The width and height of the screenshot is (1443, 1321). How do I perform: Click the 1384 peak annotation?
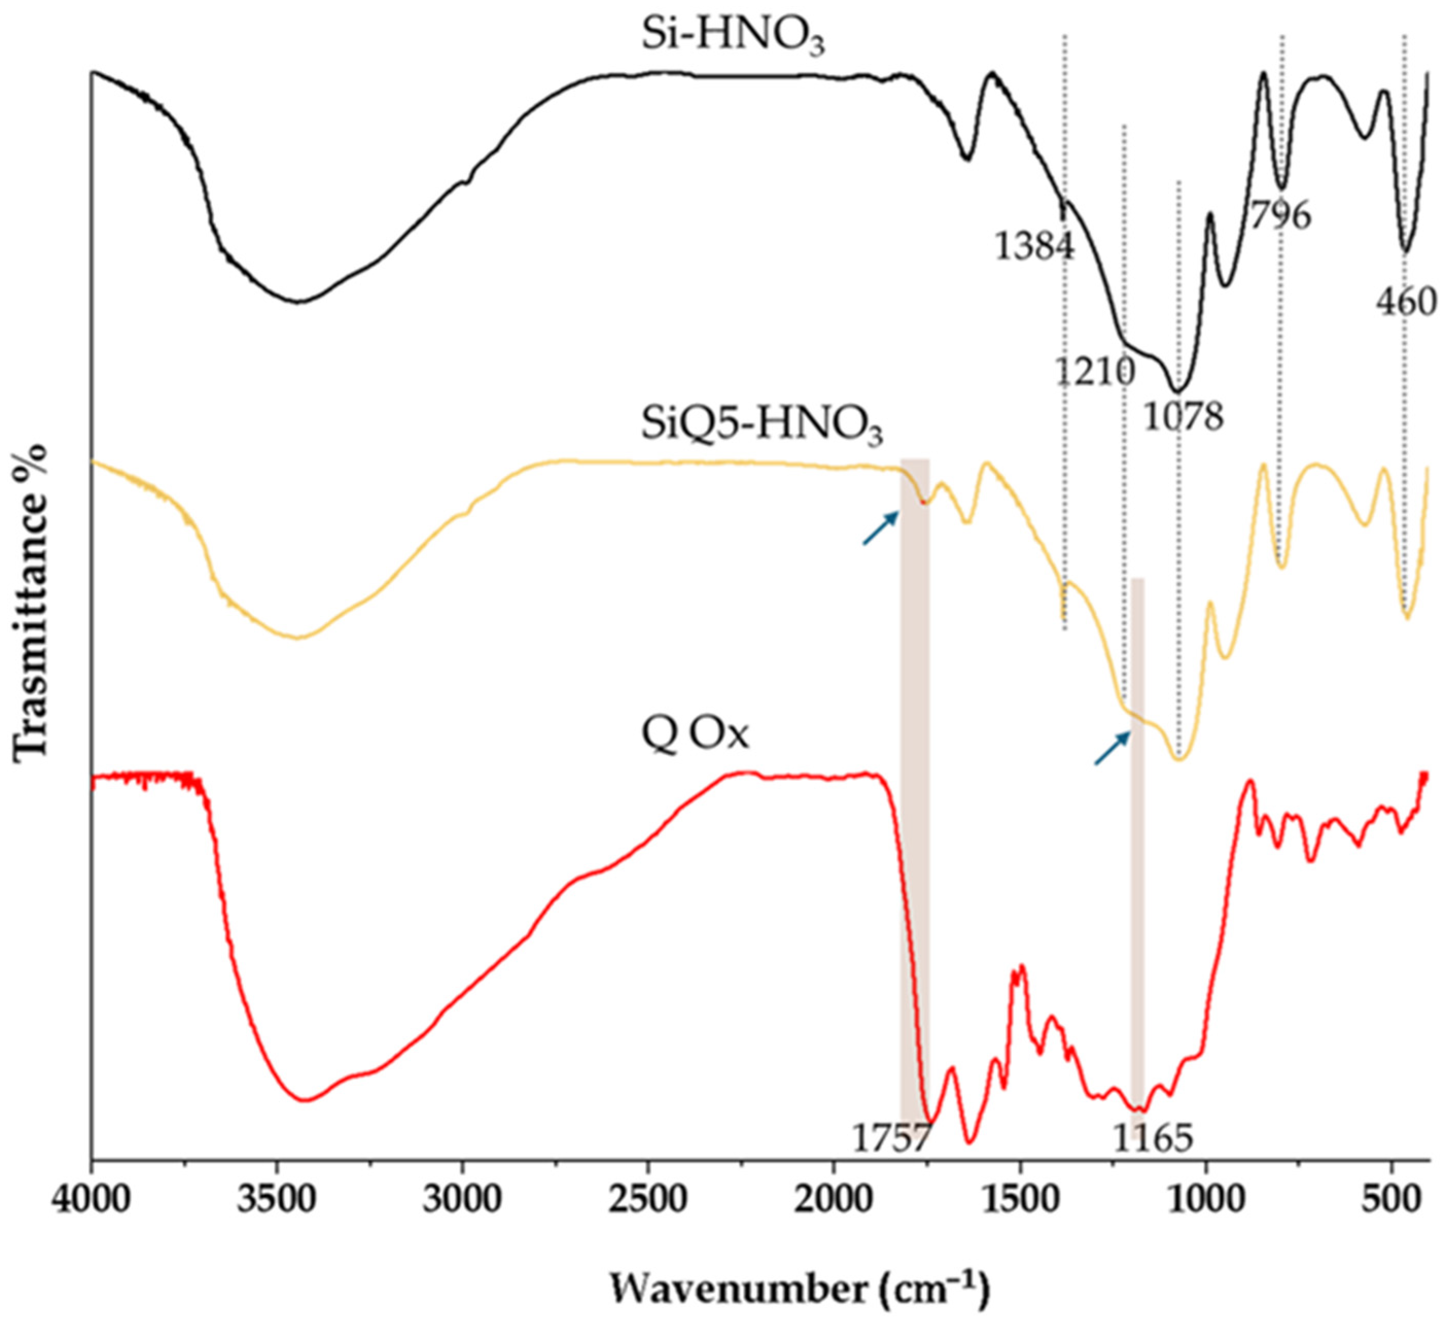tap(1035, 247)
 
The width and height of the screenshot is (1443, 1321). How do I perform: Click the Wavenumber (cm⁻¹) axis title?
tap(800, 1285)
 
